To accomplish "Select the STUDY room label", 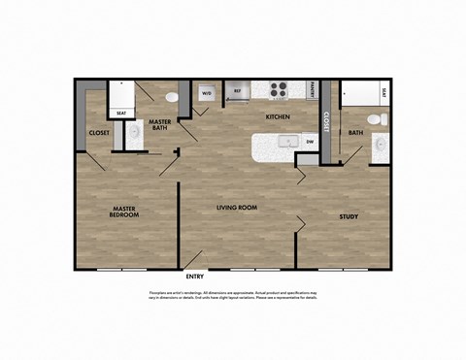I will pyautogui.click(x=349, y=216).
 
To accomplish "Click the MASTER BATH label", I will pyautogui.click(x=159, y=126).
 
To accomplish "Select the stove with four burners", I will pyautogui.click(x=279, y=91).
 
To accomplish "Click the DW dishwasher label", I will pyautogui.click(x=309, y=142).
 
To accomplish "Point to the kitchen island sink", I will pyautogui.click(x=287, y=142).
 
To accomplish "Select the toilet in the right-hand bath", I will pyautogui.click(x=383, y=121).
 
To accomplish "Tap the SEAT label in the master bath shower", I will pyautogui.click(x=121, y=113).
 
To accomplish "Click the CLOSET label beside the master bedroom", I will pyautogui.click(x=99, y=133).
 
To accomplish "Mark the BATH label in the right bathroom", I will pyautogui.click(x=355, y=133).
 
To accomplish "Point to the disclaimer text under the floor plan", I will pyautogui.click(x=233, y=294).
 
